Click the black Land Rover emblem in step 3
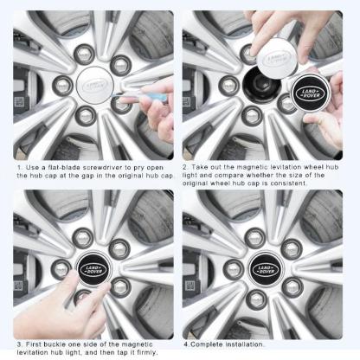pos(94,267)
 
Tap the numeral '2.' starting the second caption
pos(186,165)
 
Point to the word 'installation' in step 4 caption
pos(241,344)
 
